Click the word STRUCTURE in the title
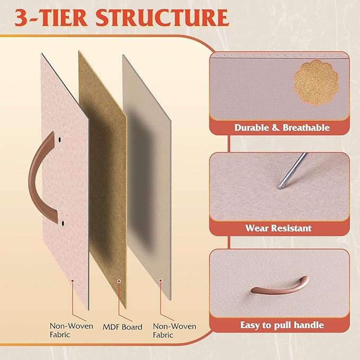pyautogui.click(x=162, y=18)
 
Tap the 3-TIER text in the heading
pyautogui.click(x=51, y=18)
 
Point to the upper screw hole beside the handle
pyautogui.click(x=60, y=139)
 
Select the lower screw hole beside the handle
pyautogui.click(x=63, y=223)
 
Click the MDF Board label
pyautogui.click(x=122, y=327)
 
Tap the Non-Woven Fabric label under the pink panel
pyautogui.click(x=72, y=330)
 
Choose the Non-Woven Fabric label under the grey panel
pyautogui.click(x=174, y=330)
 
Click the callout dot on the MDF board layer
pyautogui.click(x=119, y=281)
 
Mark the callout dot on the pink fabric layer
pyautogui.click(x=72, y=281)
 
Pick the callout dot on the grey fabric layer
pyautogui.click(x=161, y=280)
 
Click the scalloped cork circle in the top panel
pyautogui.click(x=317, y=83)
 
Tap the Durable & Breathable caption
pyautogui.click(x=282, y=128)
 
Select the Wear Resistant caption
pyautogui.click(x=278, y=228)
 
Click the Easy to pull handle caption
pyautogui.click(x=282, y=325)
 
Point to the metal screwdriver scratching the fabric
pyautogui.click(x=293, y=170)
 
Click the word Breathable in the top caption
pyautogui.click(x=306, y=128)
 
